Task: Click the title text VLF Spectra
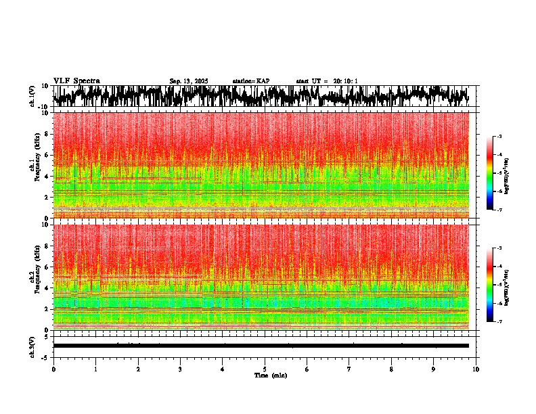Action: pyautogui.click(x=76, y=80)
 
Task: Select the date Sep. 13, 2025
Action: pyautogui.click(x=189, y=81)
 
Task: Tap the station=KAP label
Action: pyautogui.click(x=250, y=81)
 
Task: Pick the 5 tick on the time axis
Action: pyautogui.click(x=265, y=369)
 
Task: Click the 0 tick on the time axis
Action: pyautogui.click(x=53, y=369)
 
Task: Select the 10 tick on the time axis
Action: pyautogui.click(x=476, y=369)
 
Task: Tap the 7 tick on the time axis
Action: pyautogui.click(x=349, y=369)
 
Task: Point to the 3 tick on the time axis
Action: pyautogui.click(x=180, y=369)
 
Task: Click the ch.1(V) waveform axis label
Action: pyautogui.click(x=32, y=96)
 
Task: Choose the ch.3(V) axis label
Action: pyautogui.click(x=32, y=346)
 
